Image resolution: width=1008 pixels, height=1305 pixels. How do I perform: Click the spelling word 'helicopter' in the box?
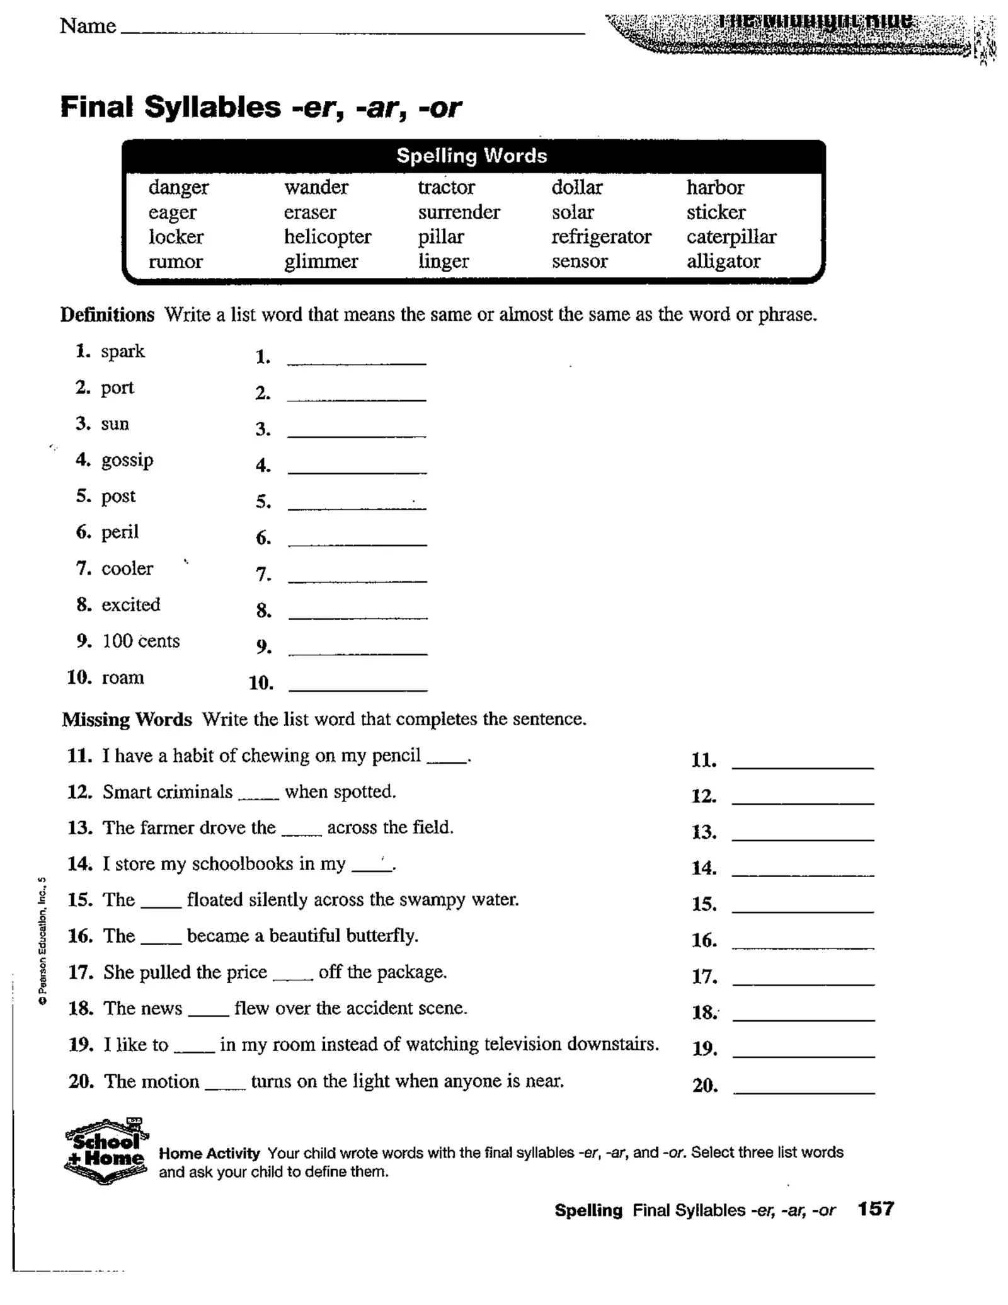[x=327, y=237]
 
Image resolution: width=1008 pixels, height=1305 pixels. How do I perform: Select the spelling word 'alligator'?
[x=723, y=262]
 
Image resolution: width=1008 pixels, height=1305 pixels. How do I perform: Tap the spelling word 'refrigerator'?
[x=601, y=237]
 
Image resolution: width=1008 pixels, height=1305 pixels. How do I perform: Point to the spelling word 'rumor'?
[x=175, y=262]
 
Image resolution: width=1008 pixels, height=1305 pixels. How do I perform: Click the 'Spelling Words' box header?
[x=472, y=156]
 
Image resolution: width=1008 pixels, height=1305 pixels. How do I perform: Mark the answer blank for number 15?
[x=803, y=905]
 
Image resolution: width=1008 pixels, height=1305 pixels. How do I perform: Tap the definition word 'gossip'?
[x=127, y=460]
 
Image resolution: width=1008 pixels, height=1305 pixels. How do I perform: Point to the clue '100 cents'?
[x=141, y=641]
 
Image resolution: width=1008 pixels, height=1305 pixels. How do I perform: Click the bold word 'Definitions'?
[x=107, y=314]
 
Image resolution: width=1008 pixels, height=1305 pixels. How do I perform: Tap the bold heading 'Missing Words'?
[x=127, y=719]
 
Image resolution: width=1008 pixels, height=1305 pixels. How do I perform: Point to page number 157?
[x=875, y=1208]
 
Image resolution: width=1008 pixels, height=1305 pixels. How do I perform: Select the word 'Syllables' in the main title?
[x=212, y=107]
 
